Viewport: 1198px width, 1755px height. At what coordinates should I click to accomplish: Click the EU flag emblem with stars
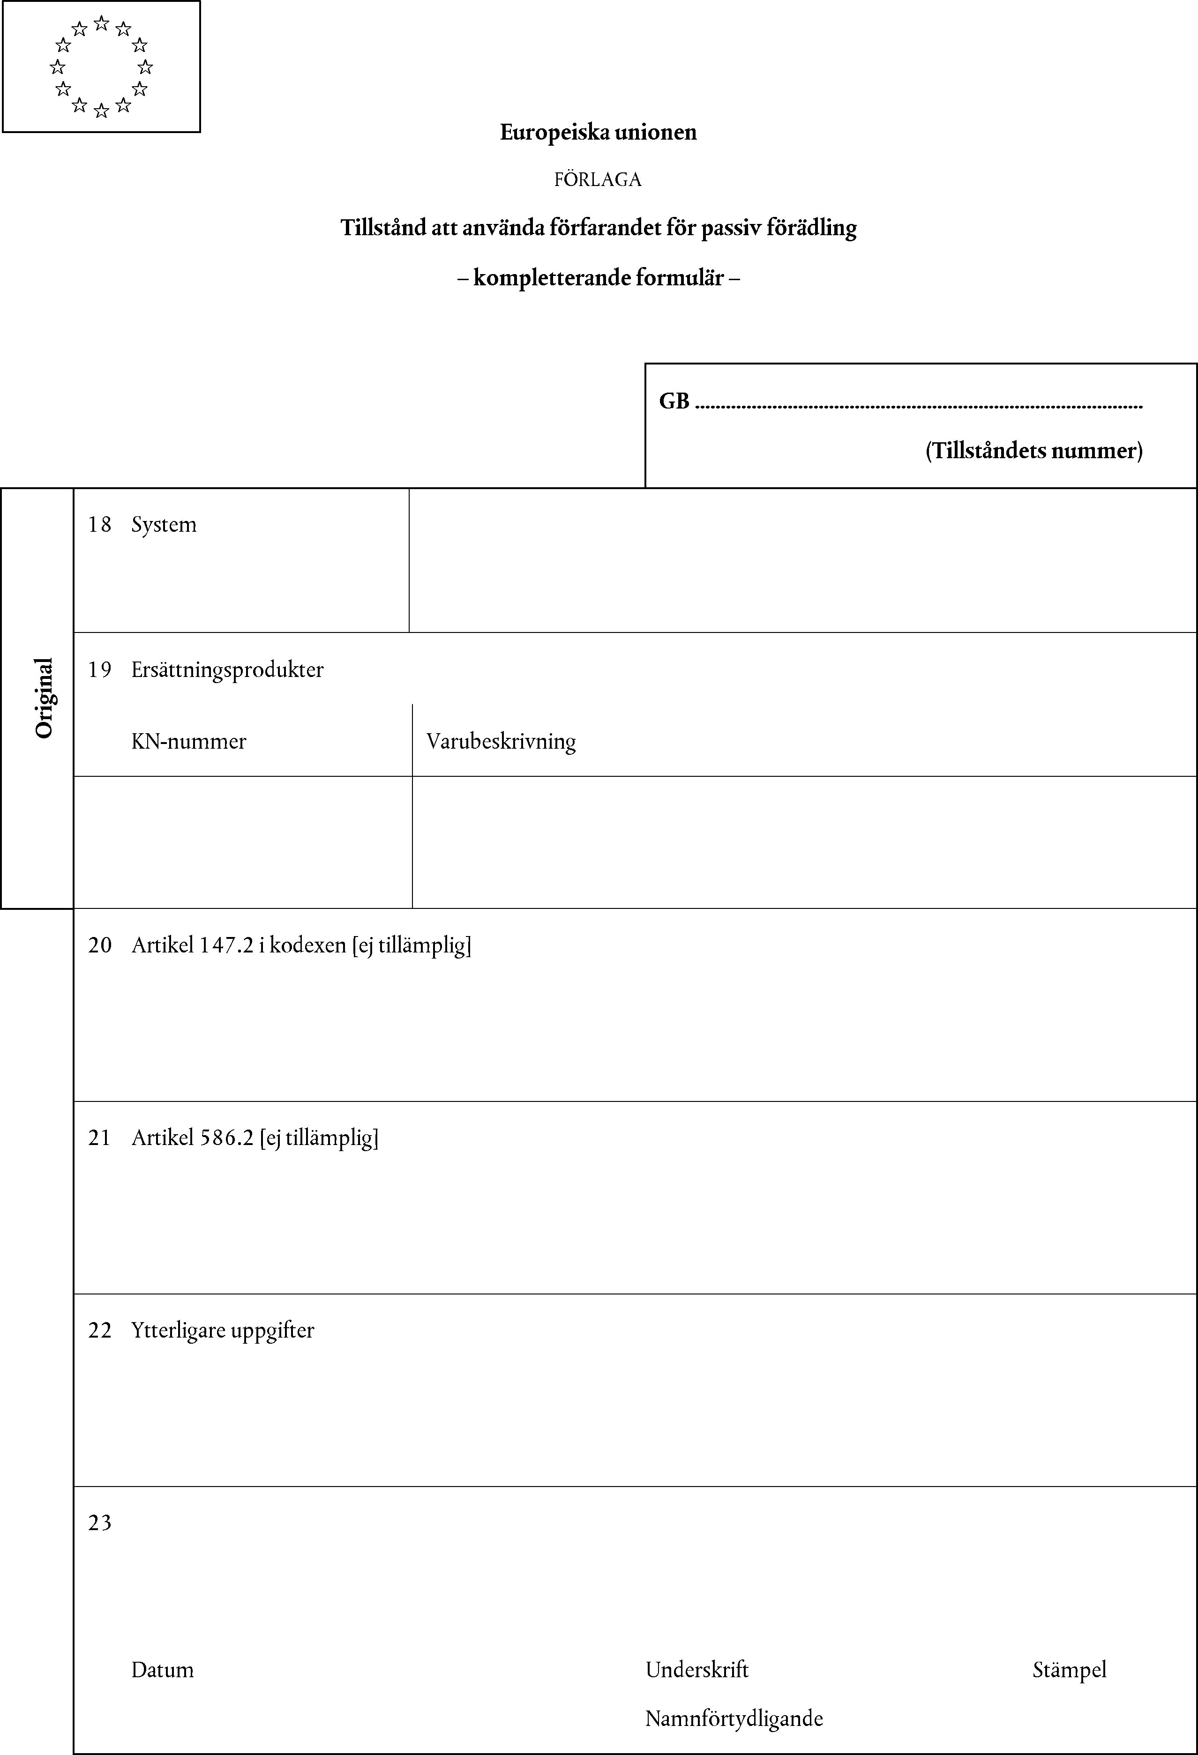point(101,67)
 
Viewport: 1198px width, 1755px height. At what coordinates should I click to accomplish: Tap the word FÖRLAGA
point(598,180)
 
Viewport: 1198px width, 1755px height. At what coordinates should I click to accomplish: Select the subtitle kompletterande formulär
point(598,278)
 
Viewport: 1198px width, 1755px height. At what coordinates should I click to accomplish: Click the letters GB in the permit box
point(674,401)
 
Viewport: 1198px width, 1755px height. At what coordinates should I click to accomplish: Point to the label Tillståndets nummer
point(1033,451)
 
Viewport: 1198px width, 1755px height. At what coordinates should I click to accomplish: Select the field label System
point(164,525)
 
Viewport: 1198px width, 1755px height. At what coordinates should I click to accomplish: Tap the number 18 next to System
point(99,525)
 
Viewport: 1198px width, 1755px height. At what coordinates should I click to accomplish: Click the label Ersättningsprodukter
point(227,670)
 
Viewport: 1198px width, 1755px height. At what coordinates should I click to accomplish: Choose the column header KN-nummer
point(189,742)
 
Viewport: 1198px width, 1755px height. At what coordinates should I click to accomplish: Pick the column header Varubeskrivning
point(501,742)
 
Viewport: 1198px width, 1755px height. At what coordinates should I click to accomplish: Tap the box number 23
point(99,1523)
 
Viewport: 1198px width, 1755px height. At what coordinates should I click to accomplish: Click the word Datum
point(162,1670)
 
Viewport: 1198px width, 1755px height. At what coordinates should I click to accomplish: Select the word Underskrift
point(696,1670)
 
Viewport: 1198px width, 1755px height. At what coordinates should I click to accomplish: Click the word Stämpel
point(1069,1670)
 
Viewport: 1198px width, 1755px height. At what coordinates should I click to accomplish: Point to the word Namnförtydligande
point(734,1719)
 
